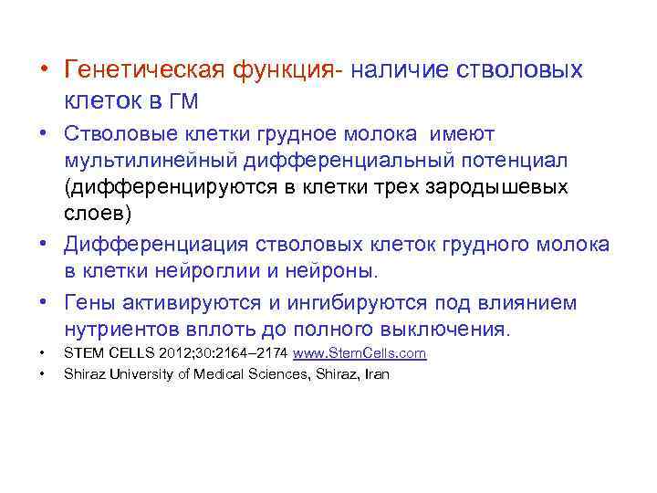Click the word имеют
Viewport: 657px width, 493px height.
point(461,135)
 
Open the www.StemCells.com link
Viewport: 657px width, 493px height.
point(349,353)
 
